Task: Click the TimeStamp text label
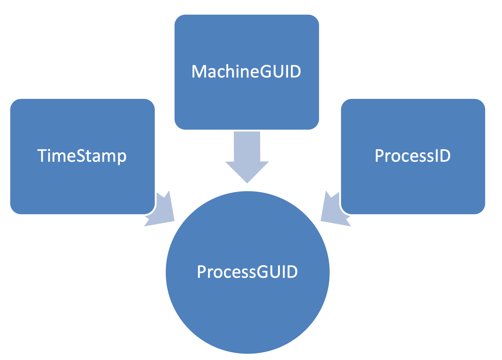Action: point(82,156)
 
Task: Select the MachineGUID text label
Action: point(246,71)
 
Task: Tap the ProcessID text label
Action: point(413,156)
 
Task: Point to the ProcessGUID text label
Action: point(247,272)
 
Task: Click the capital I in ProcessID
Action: point(435,156)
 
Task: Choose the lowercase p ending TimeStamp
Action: point(122,157)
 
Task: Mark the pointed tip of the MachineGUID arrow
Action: point(247,182)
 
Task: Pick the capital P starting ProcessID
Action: point(379,156)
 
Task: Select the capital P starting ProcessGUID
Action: point(202,272)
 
